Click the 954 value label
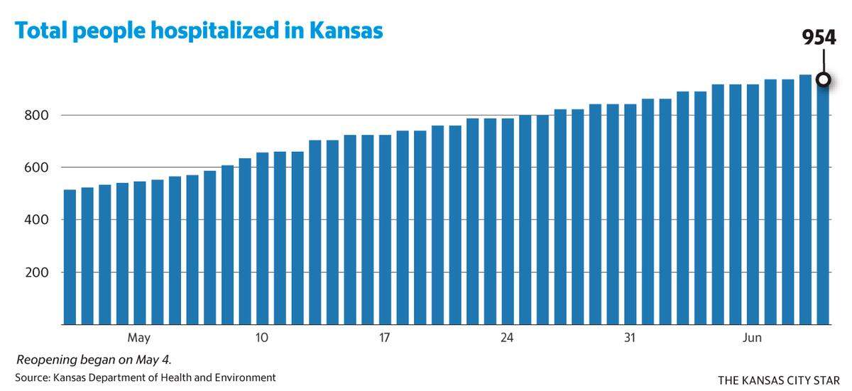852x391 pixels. [819, 38]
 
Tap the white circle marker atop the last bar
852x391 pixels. [824, 79]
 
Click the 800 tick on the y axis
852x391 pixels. [36, 115]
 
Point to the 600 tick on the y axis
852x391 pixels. [36, 167]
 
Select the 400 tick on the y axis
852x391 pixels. [36, 220]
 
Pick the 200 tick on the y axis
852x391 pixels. [36, 272]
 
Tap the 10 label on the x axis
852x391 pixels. [262, 337]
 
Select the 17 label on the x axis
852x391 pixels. [384, 337]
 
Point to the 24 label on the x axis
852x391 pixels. [507, 337]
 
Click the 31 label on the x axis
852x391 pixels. [630, 337]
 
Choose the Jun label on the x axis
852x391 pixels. [752, 337]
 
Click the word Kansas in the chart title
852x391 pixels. [346, 31]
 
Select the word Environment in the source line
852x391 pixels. [246, 378]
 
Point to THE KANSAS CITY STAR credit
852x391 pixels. [779, 380]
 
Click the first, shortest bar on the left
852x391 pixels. [70, 258]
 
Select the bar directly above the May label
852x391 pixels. [140, 253]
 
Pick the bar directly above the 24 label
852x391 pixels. [508, 221]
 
